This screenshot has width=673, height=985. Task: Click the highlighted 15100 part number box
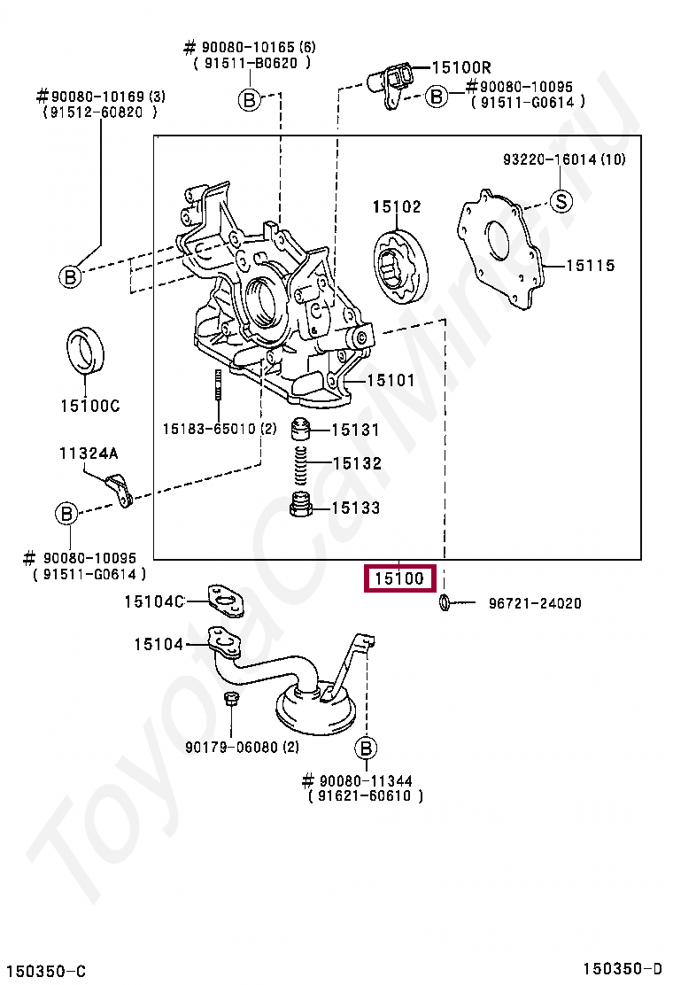pos(400,578)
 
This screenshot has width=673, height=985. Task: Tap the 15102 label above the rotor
pos(397,206)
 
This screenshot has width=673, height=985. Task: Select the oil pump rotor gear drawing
pos(400,268)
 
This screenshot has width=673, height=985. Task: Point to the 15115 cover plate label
pos(590,266)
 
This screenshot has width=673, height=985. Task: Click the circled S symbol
pos(561,202)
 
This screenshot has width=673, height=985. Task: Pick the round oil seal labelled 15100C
pos(85,349)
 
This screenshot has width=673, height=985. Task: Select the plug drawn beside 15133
pos(301,505)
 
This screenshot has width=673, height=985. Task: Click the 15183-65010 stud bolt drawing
pos(219,385)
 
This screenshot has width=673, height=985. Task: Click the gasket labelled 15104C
pos(225,601)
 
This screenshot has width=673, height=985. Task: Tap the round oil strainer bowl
pos(316,711)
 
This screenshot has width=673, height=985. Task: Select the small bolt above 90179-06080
pos(230,699)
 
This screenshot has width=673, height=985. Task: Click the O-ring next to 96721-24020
pos(444,602)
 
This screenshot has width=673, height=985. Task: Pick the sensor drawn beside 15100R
pos(391,83)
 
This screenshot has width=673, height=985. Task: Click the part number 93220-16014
pos(550,159)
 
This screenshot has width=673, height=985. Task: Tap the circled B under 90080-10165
pos(250,100)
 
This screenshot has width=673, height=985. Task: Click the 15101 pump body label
pos(391,380)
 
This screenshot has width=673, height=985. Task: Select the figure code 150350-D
pos(623,969)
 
